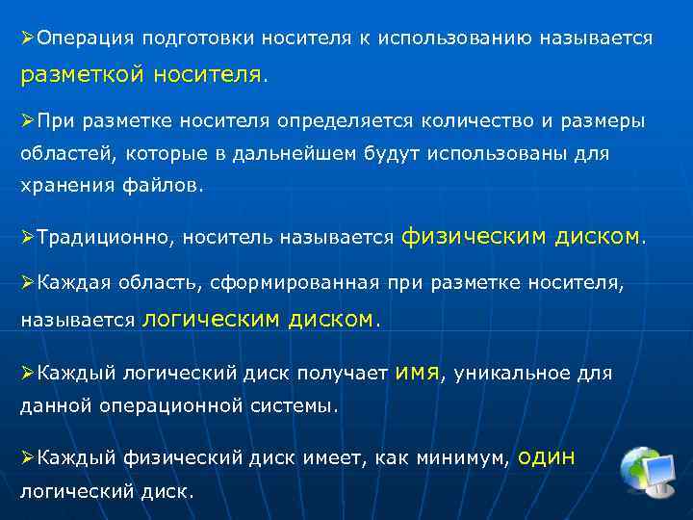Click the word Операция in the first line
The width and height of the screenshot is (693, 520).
coord(84,39)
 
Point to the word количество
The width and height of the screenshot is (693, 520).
coord(470,121)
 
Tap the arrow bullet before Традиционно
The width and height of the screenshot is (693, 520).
coord(28,237)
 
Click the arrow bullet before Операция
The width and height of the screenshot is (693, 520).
coord(28,39)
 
